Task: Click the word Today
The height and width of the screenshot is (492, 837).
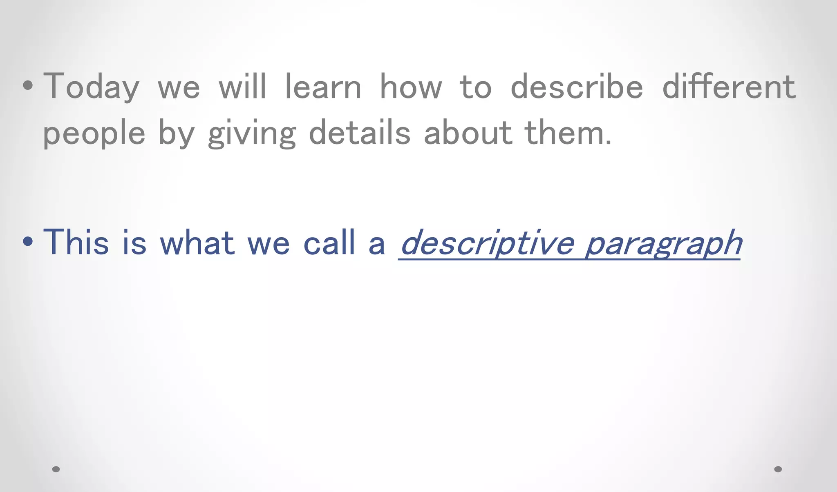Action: (x=91, y=87)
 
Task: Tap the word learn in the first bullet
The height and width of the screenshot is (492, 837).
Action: (x=323, y=87)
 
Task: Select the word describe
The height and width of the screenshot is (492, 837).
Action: (x=577, y=87)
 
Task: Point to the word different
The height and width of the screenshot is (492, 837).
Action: (x=729, y=87)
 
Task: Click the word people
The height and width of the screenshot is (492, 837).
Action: (x=94, y=133)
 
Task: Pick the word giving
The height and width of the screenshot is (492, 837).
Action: (x=252, y=133)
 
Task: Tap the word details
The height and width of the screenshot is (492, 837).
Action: (x=359, y=133)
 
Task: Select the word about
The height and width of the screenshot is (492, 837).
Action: (x=468, y=133)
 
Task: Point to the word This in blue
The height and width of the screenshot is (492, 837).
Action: (x=76, y=243)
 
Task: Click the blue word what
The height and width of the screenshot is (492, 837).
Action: (x=197, y=243)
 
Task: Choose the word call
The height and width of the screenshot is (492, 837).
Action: (x=329, y=243)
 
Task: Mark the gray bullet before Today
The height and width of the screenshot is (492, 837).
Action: (x=28, y=86)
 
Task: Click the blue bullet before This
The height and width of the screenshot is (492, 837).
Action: (x=28, y=241)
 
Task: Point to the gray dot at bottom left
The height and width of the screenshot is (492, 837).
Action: (x=56, y=469)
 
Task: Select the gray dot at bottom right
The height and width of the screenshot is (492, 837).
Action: (x=778, y=469)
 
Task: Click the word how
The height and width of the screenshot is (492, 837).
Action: (x=411, y=87)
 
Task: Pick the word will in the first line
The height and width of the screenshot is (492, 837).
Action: (x=242, y=87)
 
